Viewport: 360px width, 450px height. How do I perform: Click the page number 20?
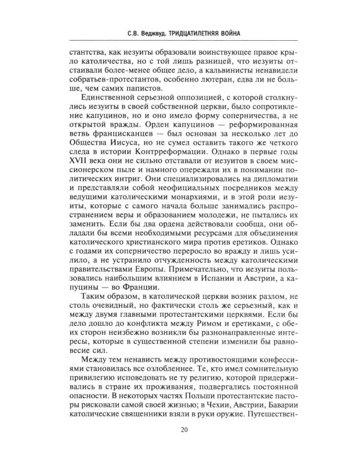click(x=181, y=428)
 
